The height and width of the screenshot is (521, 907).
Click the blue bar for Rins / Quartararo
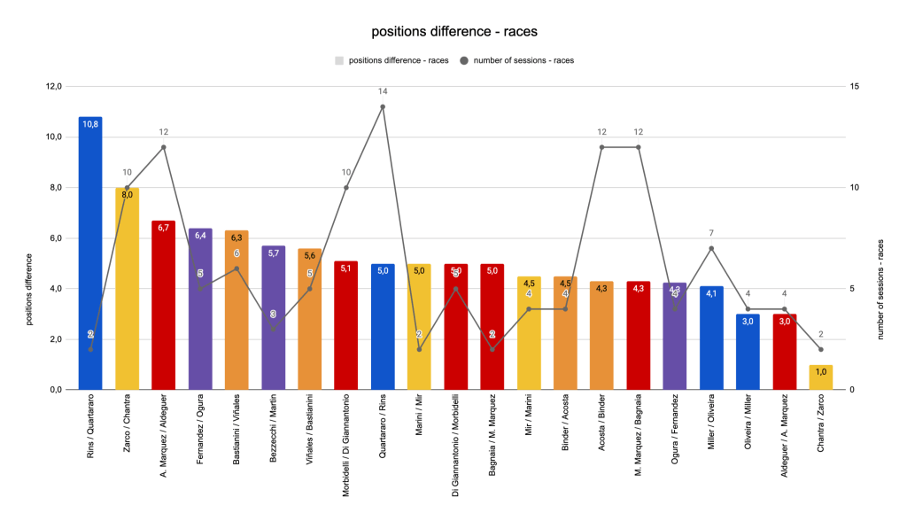[x=90, y=257]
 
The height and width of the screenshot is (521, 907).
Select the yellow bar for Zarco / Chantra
[x=127, y=292]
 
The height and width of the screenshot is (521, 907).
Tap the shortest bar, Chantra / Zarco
[x=821, y=377]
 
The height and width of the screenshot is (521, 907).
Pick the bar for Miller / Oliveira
[x=711, y=341]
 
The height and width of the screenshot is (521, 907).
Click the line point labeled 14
[x=383, y=106]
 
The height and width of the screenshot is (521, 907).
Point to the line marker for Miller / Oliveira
[x=711, y=248]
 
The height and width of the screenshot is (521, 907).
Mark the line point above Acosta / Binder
[x=601, y=147]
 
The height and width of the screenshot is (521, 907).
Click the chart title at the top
[x=453, y=32]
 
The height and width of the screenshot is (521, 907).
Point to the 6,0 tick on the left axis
[x=54, y=238]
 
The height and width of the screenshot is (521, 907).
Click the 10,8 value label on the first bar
[x=90, y=125]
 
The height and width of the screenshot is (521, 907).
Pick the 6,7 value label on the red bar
[x=164, y=228]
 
